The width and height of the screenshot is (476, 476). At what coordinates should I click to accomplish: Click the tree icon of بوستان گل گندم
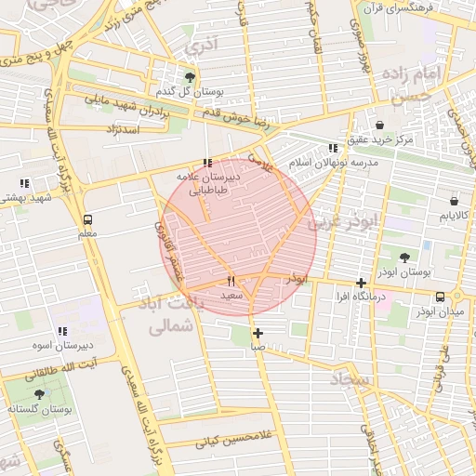point(191,77)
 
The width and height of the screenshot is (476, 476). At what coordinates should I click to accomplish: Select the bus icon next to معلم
point(87,220)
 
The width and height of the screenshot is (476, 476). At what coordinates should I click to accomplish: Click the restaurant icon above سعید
point(231,281)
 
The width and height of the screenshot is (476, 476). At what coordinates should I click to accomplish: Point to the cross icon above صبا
point(258,333)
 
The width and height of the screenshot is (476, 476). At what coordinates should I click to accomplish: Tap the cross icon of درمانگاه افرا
point(361,283)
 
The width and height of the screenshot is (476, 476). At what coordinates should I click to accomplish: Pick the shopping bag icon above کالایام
point(454,201)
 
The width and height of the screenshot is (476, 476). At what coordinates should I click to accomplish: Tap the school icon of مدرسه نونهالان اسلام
point(333,148)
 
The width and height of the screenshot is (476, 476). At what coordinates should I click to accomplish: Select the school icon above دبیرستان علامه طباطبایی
point(207,163)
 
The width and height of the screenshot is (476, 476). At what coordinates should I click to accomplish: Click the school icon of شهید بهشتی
point(24,183)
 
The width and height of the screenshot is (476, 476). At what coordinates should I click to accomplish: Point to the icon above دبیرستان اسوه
point(62,331)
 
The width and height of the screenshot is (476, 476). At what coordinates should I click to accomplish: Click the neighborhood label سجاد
point(349,380)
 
